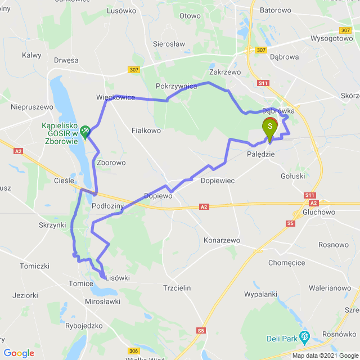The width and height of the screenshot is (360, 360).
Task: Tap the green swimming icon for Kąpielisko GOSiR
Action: click(x=85, y=132)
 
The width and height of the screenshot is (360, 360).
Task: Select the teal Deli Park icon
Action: click(x=305, y=337)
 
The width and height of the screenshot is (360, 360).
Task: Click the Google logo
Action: click(x=19, y=353)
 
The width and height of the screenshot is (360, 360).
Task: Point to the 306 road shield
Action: click(x=133, y=351)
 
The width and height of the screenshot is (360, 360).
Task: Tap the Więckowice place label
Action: click(x=115, y=97)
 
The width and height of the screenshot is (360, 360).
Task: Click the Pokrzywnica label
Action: click(x=176, y=86)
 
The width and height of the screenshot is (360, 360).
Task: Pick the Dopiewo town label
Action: click(x=158, y=196)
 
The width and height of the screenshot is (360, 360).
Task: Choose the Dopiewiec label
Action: click(x=217, y=181)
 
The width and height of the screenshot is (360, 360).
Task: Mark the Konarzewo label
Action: click(x=222, y=240)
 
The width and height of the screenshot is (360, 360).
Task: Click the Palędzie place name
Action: click(x=261, y=154)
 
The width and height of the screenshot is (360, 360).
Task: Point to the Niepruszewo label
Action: click(x=32, y=106)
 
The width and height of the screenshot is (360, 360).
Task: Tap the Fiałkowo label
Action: click(x=146, y=130)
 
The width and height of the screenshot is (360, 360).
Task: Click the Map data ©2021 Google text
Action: click(x=325, y=355)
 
